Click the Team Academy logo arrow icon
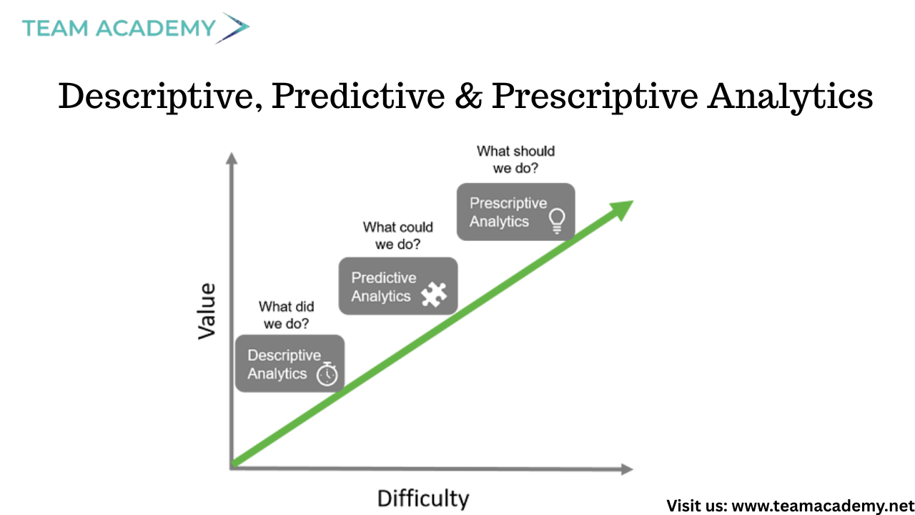point(232,28)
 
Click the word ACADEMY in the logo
point(156,28)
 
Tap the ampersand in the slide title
point(468,96)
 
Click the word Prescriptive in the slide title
point(594,97)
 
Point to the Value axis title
point(207,311)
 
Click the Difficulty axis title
point(423,499)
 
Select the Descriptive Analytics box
point(290,363)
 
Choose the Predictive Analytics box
point(398,286)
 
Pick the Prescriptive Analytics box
point(516,212)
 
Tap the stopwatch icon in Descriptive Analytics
point(327,373)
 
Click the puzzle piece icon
point(434,294)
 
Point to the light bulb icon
point(557,221)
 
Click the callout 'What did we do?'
point(287,315)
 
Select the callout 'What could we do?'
point(398,235)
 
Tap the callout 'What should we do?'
point(515,160)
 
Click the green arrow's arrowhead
point(622,210)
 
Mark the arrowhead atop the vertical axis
point(232,159)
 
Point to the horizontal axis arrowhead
point(627,469)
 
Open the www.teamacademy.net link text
point(823,506)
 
